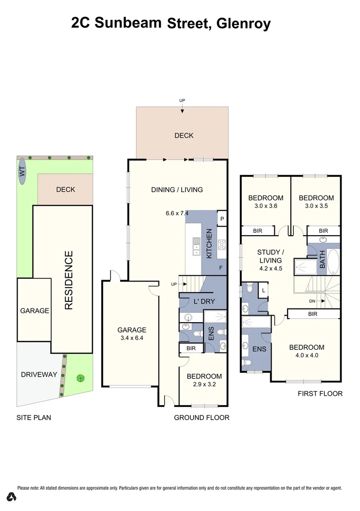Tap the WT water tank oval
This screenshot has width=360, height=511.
(x=22, y=171)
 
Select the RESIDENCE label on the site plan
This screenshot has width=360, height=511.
(x=69, y=280)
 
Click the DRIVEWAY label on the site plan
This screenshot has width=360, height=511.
(x=39, y=374)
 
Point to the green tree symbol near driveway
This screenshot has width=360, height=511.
(x=81, y=378)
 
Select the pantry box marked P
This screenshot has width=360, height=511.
(x=222, y=219)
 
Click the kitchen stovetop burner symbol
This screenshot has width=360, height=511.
(x=221, y=245)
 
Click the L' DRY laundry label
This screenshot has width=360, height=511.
(x=202, y=301)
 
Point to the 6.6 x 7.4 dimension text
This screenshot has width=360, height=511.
(x=177, y=213)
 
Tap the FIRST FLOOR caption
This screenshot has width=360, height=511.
(x=320, y=394)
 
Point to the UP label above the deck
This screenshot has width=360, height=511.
(x=182, y=101)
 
